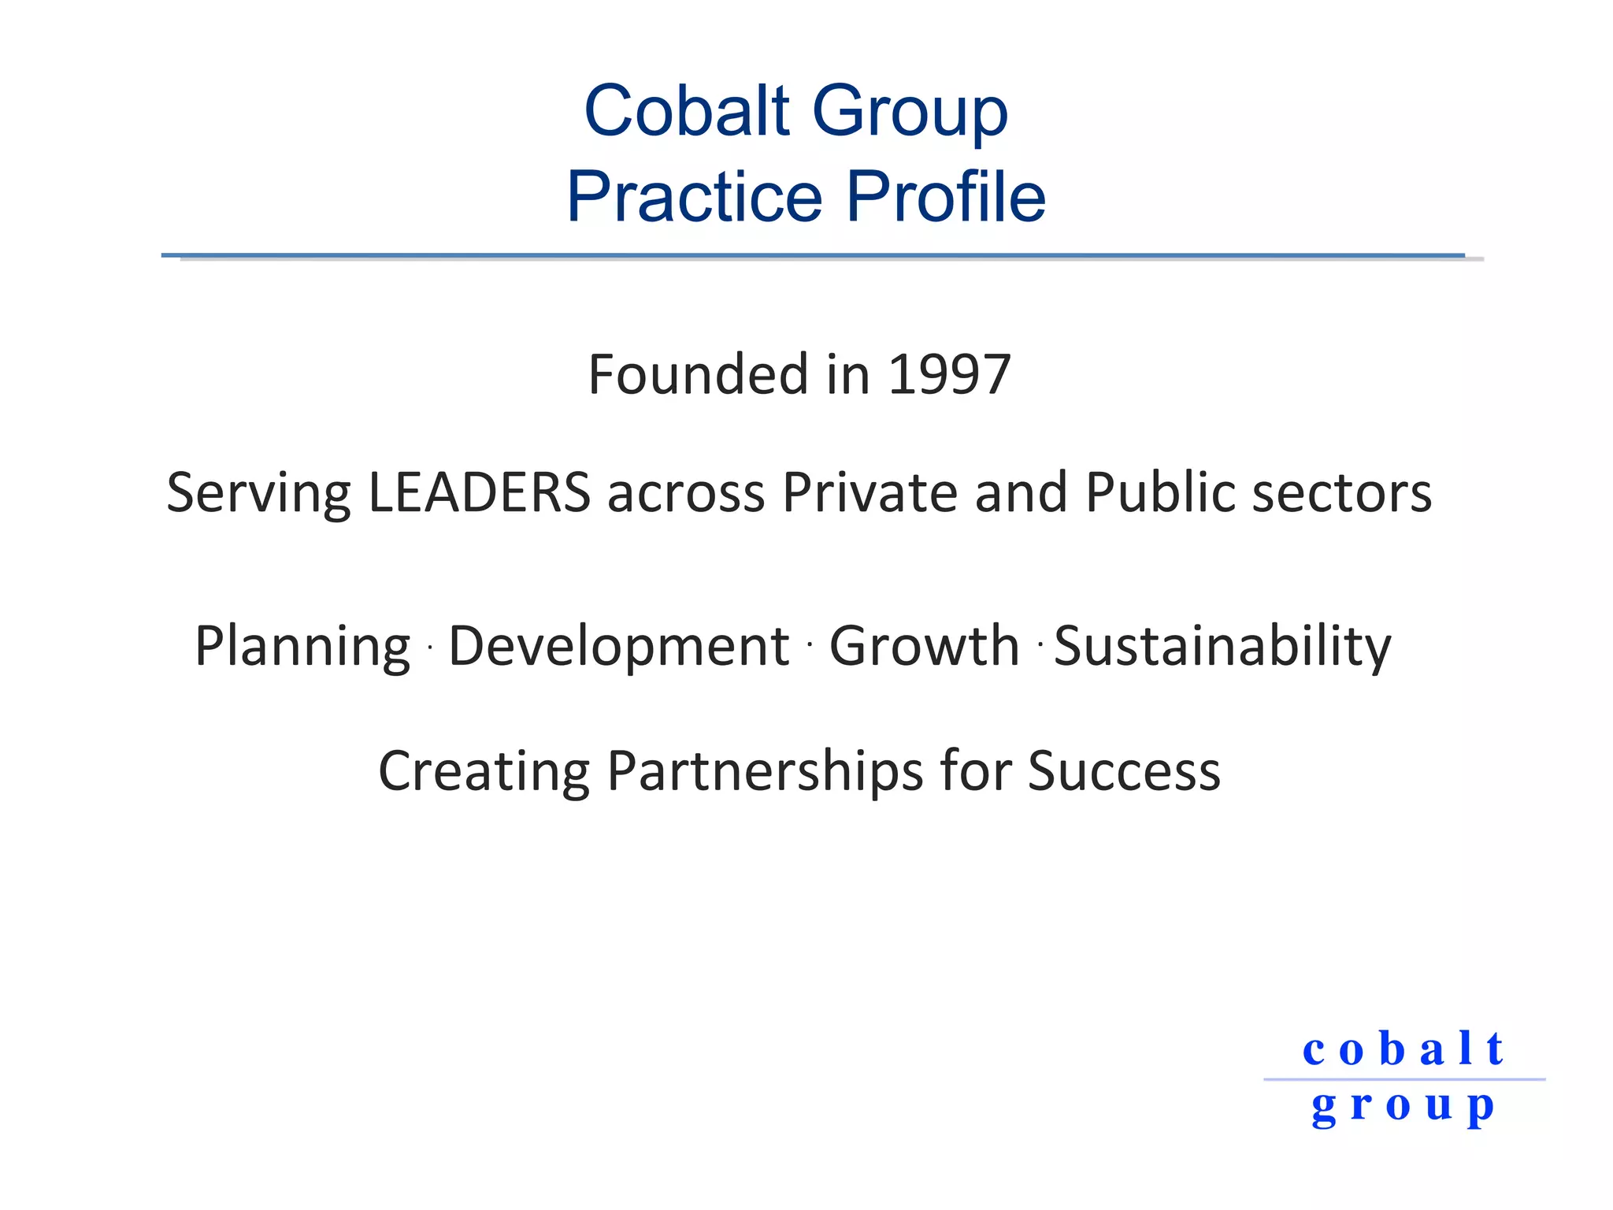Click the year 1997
click(949, 374)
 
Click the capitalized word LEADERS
click(479, 492)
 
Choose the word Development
click(619, 646)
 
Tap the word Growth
click(925, 646)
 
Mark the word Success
click(1124, 770)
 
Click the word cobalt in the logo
click(1403, 1049)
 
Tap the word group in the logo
click(1403, 1107)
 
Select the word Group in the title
click(910, 112)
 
